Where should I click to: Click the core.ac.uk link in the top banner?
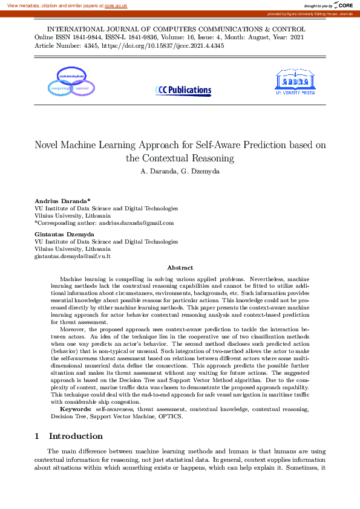[116, 5]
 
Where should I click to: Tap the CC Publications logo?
[184, 91]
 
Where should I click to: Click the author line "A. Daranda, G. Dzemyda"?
[180, 171]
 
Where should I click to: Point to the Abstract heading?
[180, 267]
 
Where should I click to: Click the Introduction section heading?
[76, 436]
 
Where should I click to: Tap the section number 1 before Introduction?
[37, 436]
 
